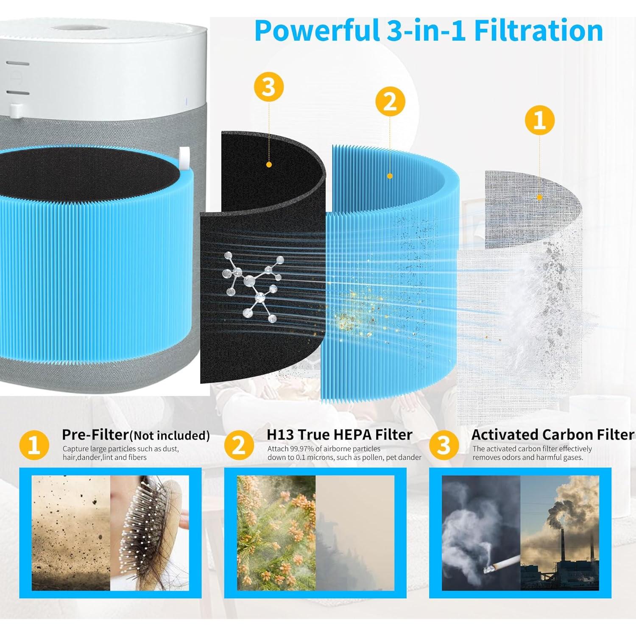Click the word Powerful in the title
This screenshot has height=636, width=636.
coord(316,31)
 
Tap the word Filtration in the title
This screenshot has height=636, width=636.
coord(538,31)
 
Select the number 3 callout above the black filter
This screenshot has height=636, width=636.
coord(268,88)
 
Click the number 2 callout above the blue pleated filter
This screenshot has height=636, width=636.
coord(390,102)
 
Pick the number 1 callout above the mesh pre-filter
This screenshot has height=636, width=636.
coord(539,120)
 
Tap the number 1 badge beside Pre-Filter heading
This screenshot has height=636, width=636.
coord(34,446)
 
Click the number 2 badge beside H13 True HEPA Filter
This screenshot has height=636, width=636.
coord(239,446)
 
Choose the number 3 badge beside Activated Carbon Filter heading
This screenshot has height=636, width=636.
coord(444,446)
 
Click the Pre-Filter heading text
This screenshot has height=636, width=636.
coord(95,435)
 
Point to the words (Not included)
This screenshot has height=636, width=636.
coord(169,436)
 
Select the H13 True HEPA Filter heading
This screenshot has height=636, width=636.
coord(339,435)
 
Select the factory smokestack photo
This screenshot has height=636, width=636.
coord(560,533)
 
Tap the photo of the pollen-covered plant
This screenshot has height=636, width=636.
coord(276,533)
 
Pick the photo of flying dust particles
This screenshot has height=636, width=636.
coord(71,533)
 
